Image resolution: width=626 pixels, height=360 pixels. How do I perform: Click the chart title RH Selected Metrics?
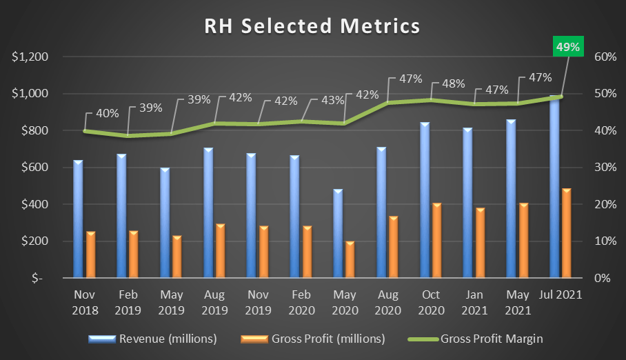pos(312,26)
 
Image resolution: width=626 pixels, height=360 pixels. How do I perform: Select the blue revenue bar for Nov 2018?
pos(78,219)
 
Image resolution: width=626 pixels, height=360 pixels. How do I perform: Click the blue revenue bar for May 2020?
pos(338,234)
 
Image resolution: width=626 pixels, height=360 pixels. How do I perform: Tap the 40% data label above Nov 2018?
pos(107,112)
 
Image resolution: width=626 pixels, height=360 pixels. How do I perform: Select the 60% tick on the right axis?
pos(605,57)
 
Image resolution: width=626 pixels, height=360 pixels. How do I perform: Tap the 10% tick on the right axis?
pos(605,241)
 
